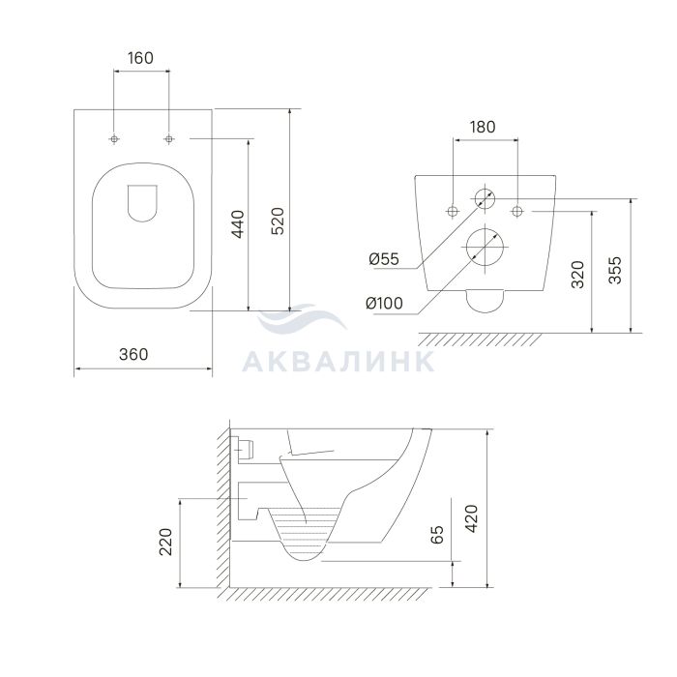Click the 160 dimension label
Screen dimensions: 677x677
[141, 58]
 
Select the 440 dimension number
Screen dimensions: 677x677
[238, 224]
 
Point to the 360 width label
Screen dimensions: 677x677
[133, 355]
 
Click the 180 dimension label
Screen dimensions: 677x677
[483, 127]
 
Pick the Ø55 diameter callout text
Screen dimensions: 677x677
[384, 259]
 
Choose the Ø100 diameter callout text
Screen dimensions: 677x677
[384, 303]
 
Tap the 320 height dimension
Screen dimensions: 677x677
[577, 274]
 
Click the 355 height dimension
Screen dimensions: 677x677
[615, 270]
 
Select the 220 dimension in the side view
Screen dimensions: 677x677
[165, 542]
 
